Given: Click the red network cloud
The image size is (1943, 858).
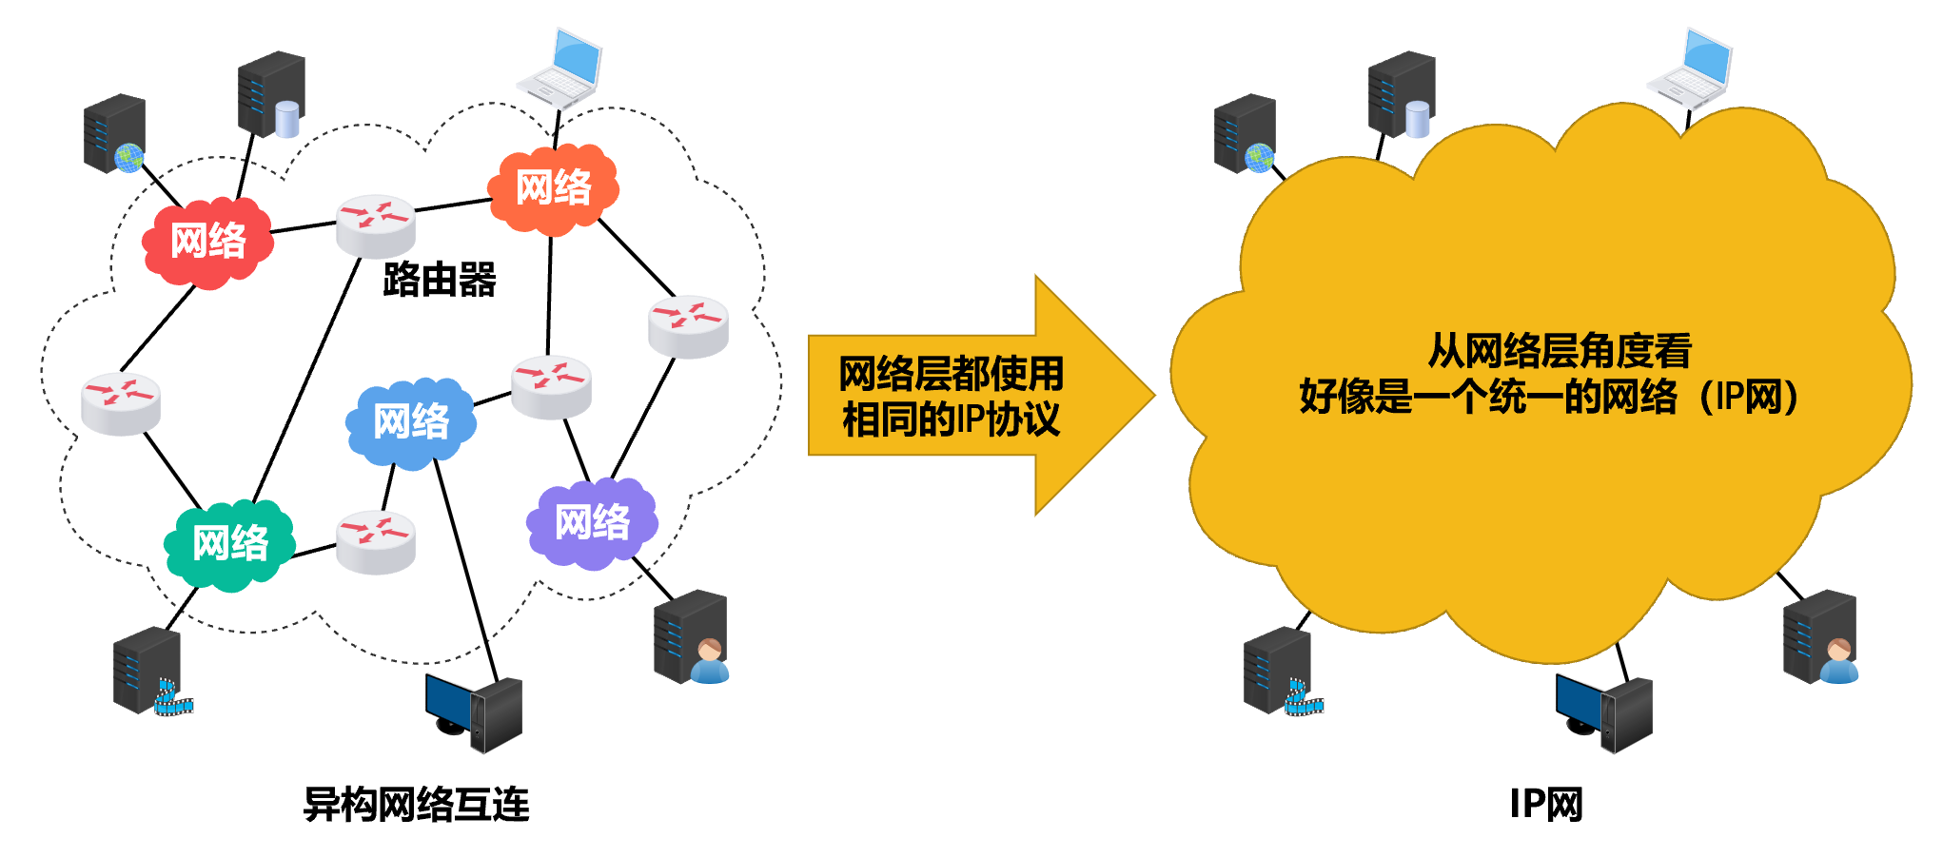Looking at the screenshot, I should click(x=207, y=241).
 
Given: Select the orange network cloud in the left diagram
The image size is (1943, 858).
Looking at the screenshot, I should click(x=553, y=188).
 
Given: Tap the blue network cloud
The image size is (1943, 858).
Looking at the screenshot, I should click(x=410, y=421).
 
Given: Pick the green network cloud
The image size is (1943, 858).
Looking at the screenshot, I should click(x=229, y=544).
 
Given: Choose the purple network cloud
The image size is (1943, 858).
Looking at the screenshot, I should click(x=592, y=523).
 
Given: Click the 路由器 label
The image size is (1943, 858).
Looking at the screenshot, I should click(x=440, y=280).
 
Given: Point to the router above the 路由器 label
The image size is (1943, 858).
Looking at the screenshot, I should click(x=375, y=224).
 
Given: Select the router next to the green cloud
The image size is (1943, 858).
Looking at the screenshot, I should click(x=376, y=541).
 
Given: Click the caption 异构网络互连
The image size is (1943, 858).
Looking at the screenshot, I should click(x=416, y=805).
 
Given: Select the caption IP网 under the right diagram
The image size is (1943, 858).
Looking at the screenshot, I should click(x=1546, y=805).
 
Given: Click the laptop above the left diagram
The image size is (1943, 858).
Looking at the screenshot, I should click(x=561, y=67).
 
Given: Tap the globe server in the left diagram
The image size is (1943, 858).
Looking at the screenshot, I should click(x=114, y=134).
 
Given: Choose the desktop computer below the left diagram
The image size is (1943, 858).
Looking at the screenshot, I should click(x=474, y=713).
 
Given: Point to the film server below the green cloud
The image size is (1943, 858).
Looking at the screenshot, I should click(x=150, y=672).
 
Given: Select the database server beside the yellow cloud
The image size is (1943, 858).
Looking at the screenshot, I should click(x=1402, y=95).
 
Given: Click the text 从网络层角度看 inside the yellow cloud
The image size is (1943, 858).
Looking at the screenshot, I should click(x=1560, y=351).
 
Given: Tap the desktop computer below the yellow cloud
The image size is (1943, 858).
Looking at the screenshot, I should click(x=1604, y=713).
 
